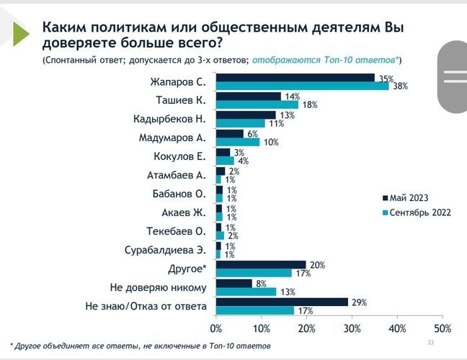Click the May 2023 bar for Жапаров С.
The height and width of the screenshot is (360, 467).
tap(295, 78)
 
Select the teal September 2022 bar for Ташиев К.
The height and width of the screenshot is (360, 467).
tap(257, 104)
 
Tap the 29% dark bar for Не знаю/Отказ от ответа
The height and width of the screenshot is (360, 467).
tap(282, 302)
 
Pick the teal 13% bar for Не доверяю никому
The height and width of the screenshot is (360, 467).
tap(246, 292)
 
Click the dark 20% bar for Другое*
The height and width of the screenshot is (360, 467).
tap(261, 265)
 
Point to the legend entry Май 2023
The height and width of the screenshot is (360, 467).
tap(408, 197)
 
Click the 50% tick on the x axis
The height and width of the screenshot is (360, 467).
tap(442, 328)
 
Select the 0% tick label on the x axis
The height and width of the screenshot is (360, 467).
tap(217, 328)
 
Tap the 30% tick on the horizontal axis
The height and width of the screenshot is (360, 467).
tap(352, 328)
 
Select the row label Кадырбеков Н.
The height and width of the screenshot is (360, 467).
tap(170, 118)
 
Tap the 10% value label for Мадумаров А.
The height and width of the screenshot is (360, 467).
tap(270, 143)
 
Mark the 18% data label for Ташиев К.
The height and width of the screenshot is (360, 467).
tap(309, 105)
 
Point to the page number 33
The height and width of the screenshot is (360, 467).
tap(431, 342)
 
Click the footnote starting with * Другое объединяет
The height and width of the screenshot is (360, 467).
tap(141, 346)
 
